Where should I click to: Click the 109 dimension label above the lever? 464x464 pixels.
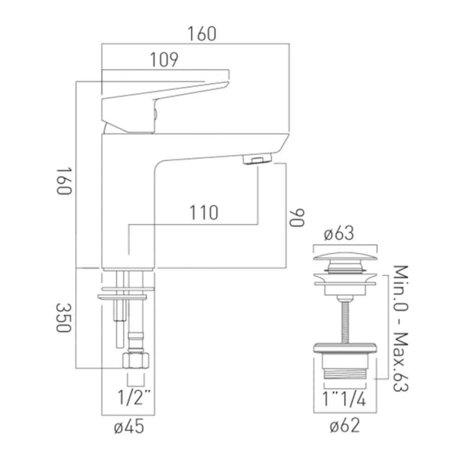coord(164,60)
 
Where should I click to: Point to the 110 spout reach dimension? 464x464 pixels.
coord(203,213)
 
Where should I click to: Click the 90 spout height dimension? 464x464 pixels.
coord(297,217)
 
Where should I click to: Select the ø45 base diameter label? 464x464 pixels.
coord(128,427)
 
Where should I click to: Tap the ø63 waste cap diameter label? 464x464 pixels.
coord(339,234)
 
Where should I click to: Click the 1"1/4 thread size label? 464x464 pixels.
coord(345,399)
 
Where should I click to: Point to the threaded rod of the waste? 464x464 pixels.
coord(344,320)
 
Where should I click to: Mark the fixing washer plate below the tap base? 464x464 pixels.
coord(122,295)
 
